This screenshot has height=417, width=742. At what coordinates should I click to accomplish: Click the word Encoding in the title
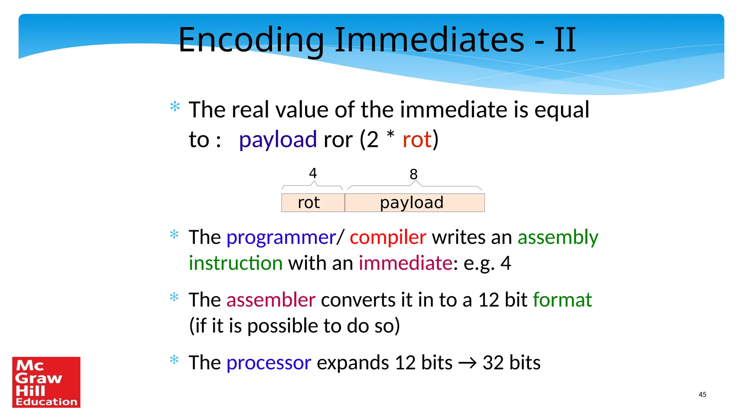(x=251, y=41)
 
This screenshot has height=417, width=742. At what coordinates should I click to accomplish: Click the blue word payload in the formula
(x=278, y=140)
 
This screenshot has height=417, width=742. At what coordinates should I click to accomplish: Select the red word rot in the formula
(x=417, y=140)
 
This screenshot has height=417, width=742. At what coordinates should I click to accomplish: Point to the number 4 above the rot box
(x=313, y=173)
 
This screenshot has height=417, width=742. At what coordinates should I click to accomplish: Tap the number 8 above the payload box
(x=413, y=174)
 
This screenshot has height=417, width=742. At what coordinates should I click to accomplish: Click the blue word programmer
(x=281, y=238)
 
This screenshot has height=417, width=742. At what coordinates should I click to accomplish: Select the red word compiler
(x=388, y=238)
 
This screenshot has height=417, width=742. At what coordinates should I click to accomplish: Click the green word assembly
(x=558, y=238)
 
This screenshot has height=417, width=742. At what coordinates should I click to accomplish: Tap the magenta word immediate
(x=405, y=263)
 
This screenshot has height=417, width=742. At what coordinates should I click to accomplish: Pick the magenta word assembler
(x=271, y=300)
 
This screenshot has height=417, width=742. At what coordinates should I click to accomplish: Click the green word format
(x=562, y=300)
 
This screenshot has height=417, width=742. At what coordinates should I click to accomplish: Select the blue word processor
(x=268, y=363)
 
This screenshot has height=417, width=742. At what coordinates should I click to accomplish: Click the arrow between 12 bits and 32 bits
(x=467, y=363)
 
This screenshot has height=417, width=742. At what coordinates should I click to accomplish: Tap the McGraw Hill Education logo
(x=46, y=382)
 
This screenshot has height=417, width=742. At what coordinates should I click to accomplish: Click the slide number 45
(x=702, y=395)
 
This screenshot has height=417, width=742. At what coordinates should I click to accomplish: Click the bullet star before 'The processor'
(x=174, y=360)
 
